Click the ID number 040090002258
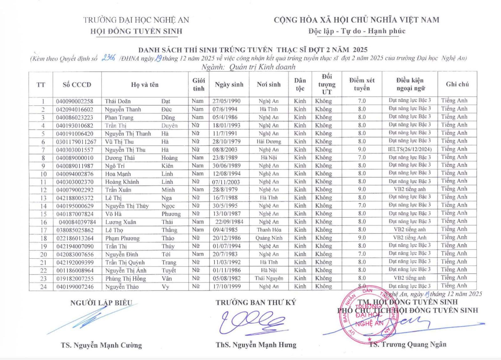(75, 101)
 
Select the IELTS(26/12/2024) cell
(410, 149)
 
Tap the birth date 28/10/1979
(226, 142)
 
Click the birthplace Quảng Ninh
(269, 238)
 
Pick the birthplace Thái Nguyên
(269, 278)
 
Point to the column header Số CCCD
(77, 85)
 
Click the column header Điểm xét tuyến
(362, 84)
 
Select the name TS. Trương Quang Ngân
(407, 344)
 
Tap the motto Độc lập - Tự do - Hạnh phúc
(357, 31)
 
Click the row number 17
(43, 230)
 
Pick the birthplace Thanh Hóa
(269, 230)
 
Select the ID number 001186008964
(75, 270)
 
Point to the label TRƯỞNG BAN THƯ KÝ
(256, 302)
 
